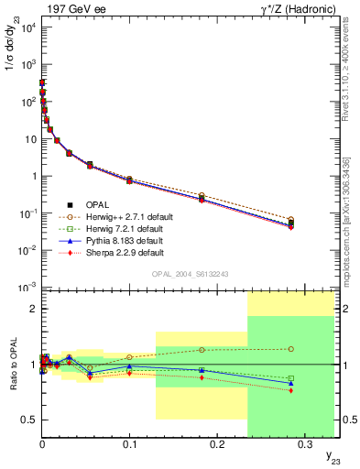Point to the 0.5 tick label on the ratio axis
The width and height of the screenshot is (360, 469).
[x=27, y=420]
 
